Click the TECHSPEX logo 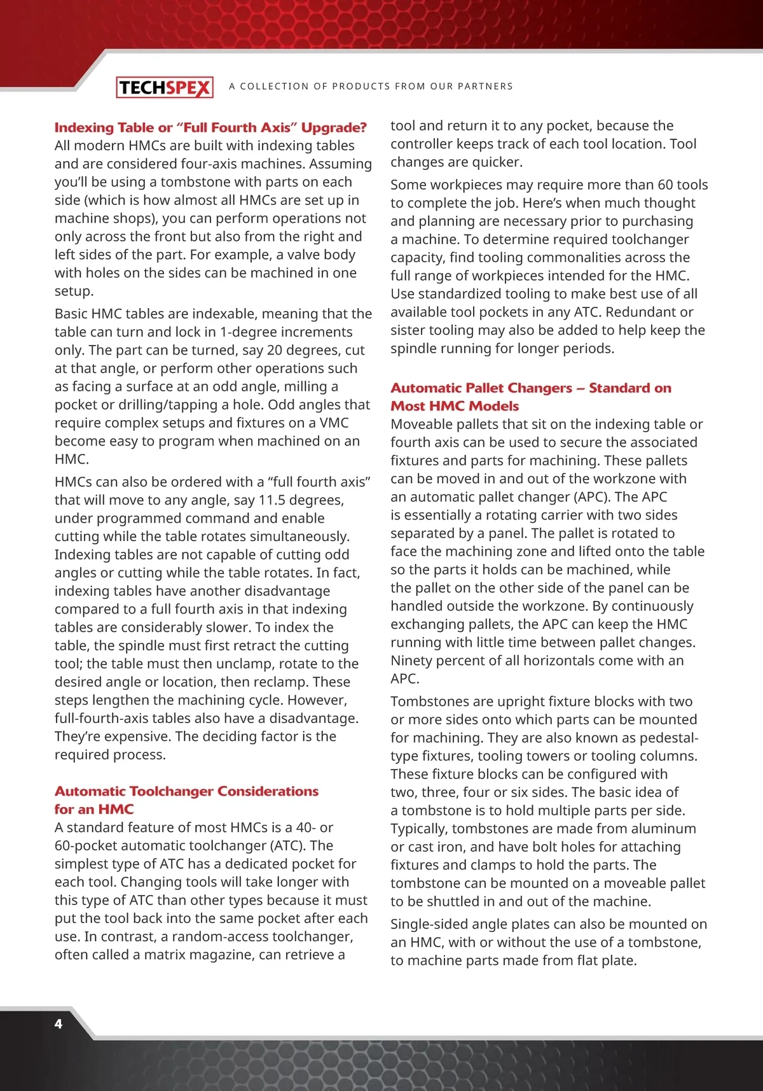pos(164,87)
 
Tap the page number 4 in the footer pos(58,1024)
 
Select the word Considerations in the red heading pos(268,791)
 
